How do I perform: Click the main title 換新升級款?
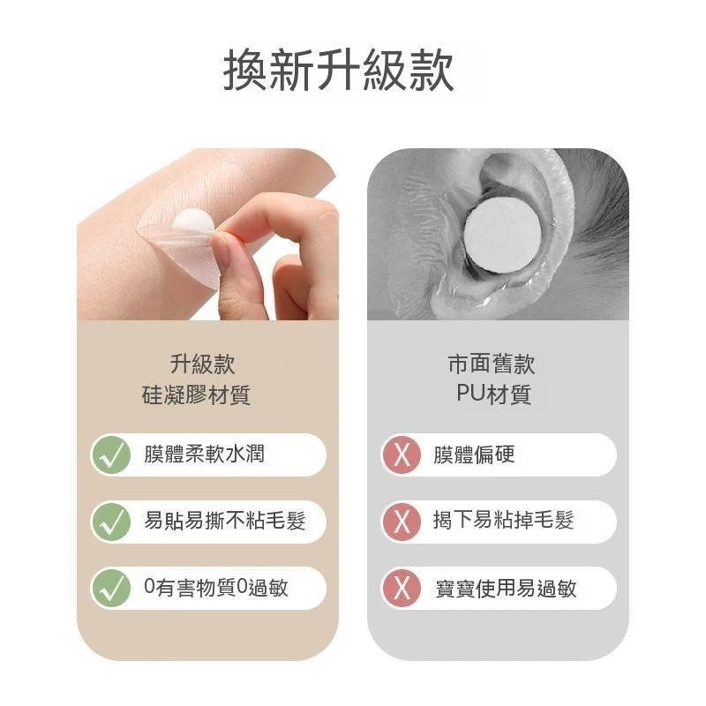338,71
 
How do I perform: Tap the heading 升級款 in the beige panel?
203,364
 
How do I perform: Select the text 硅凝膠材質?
196,395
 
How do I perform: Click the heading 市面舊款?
492,364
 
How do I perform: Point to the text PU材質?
494,394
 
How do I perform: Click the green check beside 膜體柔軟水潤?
111,454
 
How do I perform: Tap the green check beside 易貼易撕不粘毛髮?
111,522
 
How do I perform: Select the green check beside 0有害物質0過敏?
111,588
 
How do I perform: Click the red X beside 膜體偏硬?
402,454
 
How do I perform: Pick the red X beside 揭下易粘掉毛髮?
402,522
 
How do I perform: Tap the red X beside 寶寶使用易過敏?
402,588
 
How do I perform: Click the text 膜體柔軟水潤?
204,454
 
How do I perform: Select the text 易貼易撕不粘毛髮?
225,521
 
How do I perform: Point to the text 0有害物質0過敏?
216,587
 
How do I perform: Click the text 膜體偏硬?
474,454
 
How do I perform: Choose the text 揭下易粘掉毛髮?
503,521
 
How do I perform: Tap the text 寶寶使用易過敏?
506,588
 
